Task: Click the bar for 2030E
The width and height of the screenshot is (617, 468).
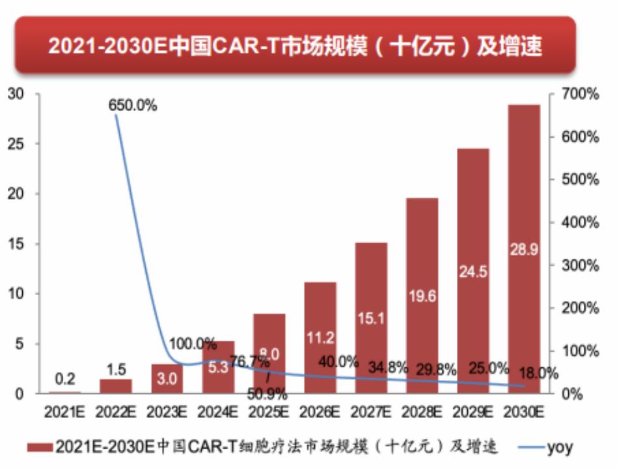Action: point(524,249)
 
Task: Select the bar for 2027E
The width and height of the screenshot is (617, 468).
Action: point(372,318)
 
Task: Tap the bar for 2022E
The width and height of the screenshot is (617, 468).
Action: point(116,386)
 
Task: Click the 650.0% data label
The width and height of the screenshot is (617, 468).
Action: point(133,105)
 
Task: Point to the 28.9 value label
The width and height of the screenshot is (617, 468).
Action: point(524,250)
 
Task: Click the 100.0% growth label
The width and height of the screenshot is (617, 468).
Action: point(193,343)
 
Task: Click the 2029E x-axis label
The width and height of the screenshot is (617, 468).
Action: point(473,411)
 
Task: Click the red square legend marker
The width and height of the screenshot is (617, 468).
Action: point(40,447)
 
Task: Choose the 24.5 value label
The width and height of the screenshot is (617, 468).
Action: point(473,272)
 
